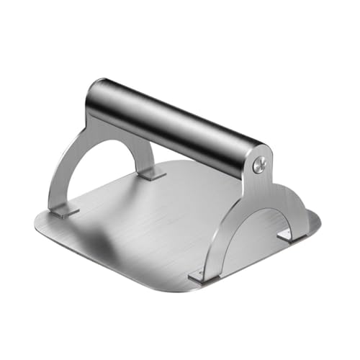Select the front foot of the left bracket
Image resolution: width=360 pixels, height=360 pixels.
tap(63, 212)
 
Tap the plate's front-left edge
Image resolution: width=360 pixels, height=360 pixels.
tap(108, 259)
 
